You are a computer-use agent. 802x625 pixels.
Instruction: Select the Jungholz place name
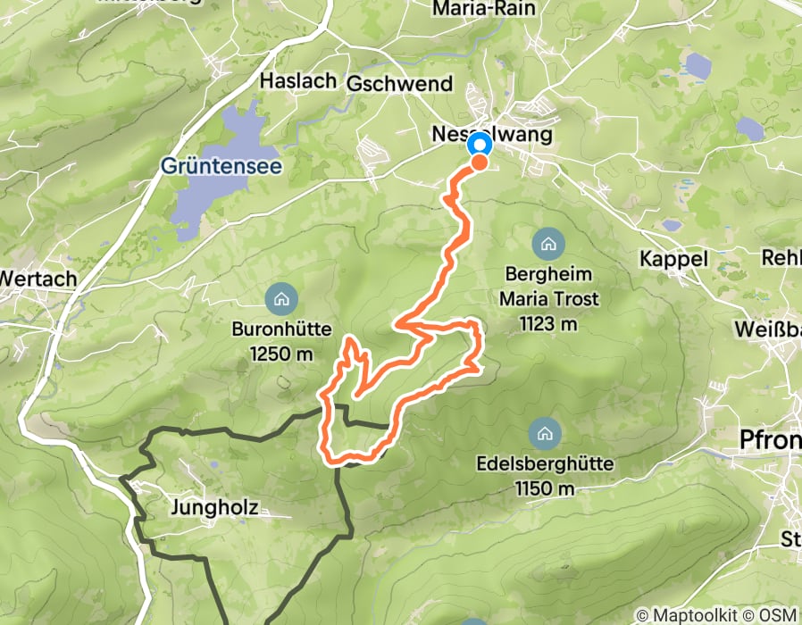213,508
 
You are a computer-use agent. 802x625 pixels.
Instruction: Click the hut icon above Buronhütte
282,296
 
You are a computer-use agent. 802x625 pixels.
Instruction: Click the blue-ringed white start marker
480,145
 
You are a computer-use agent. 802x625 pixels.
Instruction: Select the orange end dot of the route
480,162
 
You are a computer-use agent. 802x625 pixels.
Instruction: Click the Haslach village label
297,80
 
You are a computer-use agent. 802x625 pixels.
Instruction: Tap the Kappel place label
673,259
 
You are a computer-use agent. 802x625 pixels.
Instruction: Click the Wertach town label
38,278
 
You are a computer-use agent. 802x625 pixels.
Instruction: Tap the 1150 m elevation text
544,488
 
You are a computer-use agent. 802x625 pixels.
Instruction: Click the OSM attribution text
779,615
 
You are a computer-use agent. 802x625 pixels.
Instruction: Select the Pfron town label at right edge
770,439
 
